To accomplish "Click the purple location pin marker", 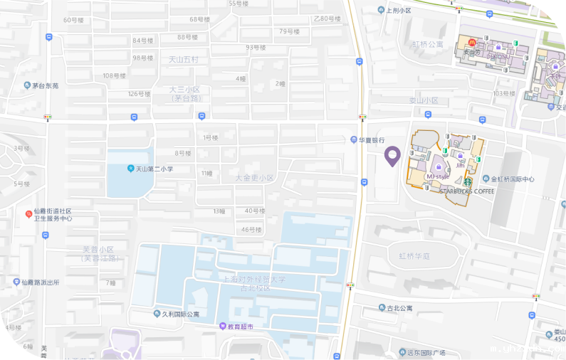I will pos(392,155).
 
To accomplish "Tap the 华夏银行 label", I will pos(371,140).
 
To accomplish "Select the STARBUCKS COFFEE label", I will pos(467,191).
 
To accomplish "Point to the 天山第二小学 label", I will pos(154,169).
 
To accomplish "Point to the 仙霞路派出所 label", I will pos(40,282).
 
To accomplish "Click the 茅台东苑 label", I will pos(45,85).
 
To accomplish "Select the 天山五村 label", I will pos(184,59).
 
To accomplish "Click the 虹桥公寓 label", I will pos(428,44).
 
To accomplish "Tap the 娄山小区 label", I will pos(424,100).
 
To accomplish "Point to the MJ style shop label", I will pos(437,176).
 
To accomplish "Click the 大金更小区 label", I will pos(254,177).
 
